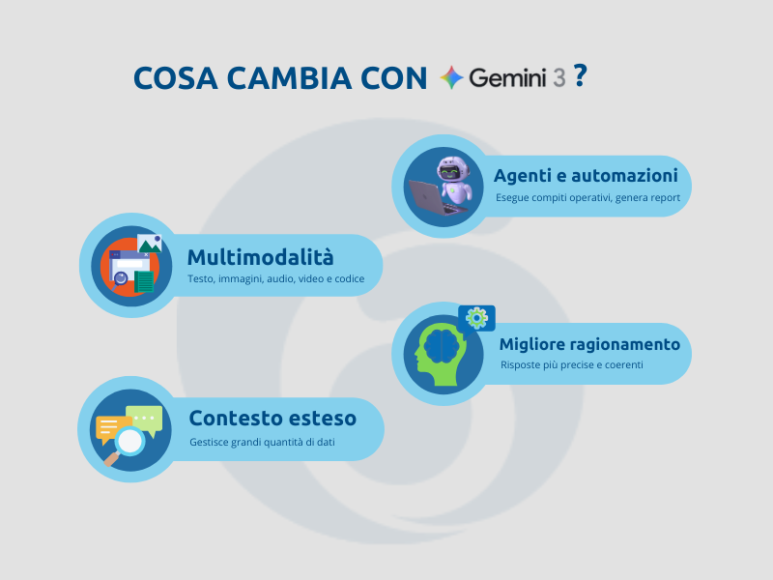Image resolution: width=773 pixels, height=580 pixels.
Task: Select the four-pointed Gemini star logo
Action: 451,78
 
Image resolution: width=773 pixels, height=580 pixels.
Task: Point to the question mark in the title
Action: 580,76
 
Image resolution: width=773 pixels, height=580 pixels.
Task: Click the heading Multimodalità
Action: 260,257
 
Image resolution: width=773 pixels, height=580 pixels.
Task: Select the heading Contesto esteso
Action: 272,419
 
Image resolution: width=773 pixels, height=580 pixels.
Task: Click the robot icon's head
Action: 450,171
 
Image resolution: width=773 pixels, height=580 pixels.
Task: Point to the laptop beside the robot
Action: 427,195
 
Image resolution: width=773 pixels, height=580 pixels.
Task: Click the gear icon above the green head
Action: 476,317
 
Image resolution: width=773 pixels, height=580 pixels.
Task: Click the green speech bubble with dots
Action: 144,420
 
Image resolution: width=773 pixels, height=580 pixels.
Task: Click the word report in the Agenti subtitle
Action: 663,198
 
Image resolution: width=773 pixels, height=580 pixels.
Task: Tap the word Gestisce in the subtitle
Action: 210,443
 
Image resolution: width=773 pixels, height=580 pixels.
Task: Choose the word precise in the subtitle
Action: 576,365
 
